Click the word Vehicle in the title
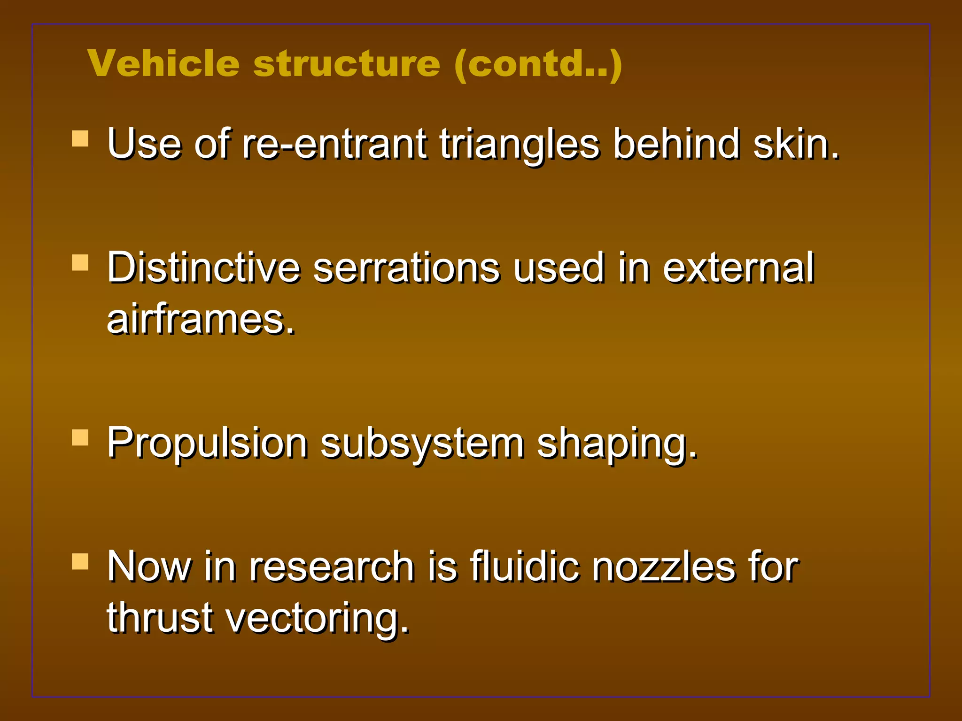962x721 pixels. click(x=163, y=63)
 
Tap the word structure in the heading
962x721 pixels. click(x=347, y=63)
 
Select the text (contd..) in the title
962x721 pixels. click(x=538, y=64)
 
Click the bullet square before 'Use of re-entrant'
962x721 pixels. click(x=80, y=139)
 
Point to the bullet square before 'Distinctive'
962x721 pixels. click(x=80, y=263)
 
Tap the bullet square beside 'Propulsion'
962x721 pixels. click(x=80, y=437)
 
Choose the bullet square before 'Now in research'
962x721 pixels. click(x=80, y=561)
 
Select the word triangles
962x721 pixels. click(x=520, y=145)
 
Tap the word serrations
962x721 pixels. click(x=406, y=268)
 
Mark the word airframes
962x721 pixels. click(x=201, y=319)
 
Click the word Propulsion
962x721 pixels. click(x=207, y=443)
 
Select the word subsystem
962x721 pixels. click(x=422, y=444)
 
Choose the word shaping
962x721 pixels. click(x=617, y=444)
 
